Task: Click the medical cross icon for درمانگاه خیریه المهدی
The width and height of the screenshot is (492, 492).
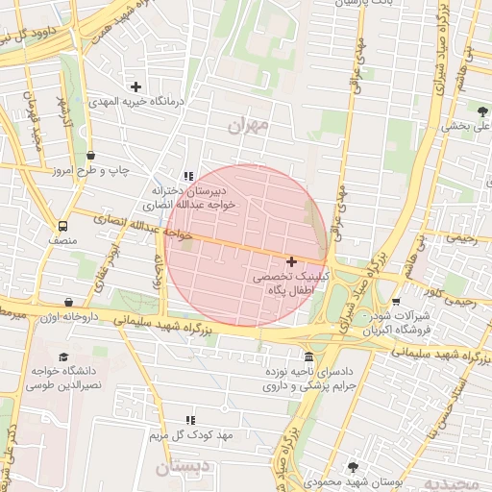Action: tap(135, 86)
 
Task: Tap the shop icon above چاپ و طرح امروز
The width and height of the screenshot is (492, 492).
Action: tap(91, 156)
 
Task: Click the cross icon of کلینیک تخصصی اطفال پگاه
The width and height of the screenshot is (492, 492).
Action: tap(291, 261)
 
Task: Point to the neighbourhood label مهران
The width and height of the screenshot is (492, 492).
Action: tap(246, 127)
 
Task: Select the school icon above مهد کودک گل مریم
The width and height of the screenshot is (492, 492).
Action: tap(190, 420)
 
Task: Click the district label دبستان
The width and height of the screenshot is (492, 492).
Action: tap(177, 468)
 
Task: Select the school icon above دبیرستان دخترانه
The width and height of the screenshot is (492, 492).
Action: tap(188, 177)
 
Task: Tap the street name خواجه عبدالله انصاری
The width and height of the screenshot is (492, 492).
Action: tap(143, 227)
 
